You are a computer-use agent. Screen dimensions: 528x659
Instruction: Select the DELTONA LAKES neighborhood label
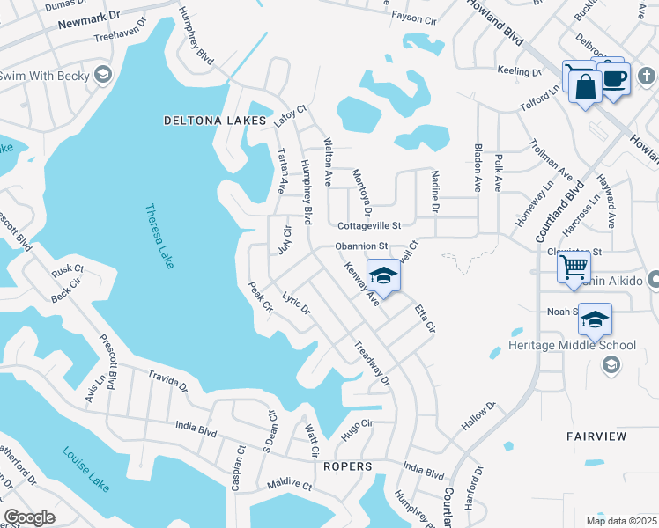(215, 120)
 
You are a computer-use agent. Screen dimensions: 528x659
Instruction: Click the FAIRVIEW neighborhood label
(596, 436)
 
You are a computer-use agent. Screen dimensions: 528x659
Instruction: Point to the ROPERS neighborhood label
(347, 466)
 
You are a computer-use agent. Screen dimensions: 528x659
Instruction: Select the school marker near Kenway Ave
(383, 276)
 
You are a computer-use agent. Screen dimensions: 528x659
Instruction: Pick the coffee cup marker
(613, 77)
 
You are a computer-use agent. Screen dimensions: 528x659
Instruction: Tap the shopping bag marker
(586, 87)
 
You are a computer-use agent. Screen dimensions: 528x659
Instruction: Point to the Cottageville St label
(369, 225)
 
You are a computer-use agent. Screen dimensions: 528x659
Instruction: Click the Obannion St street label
(360, 246)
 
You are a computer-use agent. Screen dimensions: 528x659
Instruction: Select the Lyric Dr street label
(296, 304)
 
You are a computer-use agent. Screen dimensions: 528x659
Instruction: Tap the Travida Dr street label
(167, 380)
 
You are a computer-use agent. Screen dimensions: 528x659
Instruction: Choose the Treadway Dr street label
(372, 363)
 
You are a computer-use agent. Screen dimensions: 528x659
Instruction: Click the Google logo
(29, 517)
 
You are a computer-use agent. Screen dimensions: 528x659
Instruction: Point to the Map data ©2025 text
(620, 521)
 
